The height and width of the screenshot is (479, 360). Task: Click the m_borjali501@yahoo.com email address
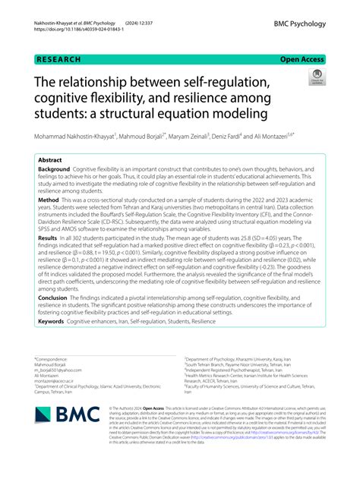60,368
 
